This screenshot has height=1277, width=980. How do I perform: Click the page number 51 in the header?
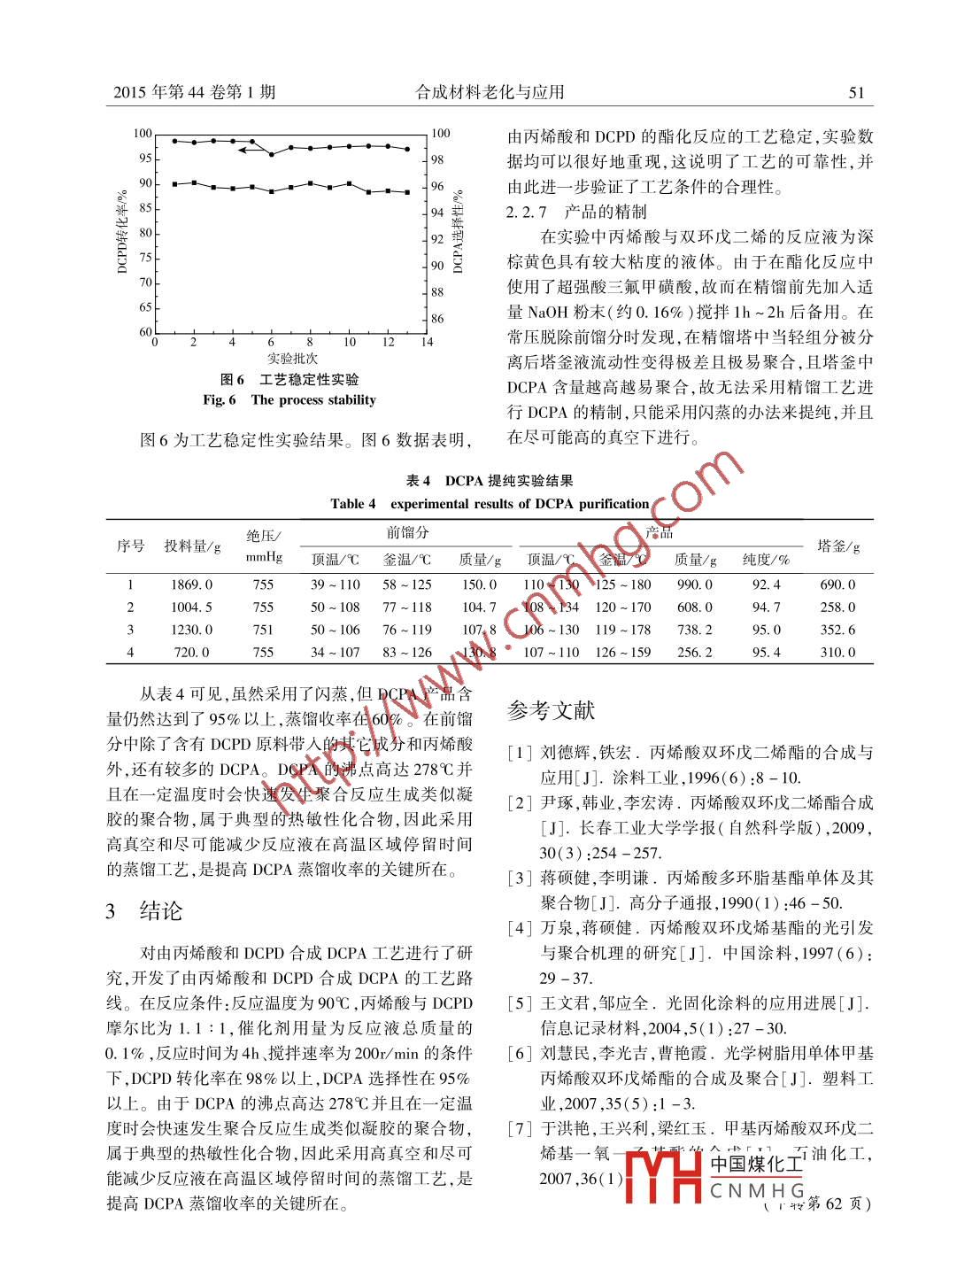click(x=855, y=92)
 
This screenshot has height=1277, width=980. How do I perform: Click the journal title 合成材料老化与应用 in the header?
click(x=490, y=92)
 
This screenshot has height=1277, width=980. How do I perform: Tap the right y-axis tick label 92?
click(x=437, y=239)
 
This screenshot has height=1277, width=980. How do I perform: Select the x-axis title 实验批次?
click(x=292, y=359)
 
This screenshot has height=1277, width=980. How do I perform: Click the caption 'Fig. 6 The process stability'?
click(x=289, y=400)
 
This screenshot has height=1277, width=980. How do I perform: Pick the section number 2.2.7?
click(x=527, y=213)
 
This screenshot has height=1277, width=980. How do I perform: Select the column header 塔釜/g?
click(x=838, y=546)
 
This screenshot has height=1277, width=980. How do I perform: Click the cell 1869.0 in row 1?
click(x=191, y=584)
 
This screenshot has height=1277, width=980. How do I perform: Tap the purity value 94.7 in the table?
click(x=766, y=608)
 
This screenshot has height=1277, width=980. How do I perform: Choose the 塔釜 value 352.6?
click(x=837, y=630)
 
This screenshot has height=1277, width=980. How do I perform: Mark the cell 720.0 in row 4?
click(x=191, y=653)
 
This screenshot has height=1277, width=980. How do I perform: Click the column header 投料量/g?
click(x=192, y=546)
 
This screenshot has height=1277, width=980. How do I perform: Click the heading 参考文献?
click(x=551, y=710)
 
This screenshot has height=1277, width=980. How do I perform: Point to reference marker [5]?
click(x=520, y=1003)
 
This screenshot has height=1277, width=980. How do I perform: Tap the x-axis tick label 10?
click(x=350, y=342)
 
